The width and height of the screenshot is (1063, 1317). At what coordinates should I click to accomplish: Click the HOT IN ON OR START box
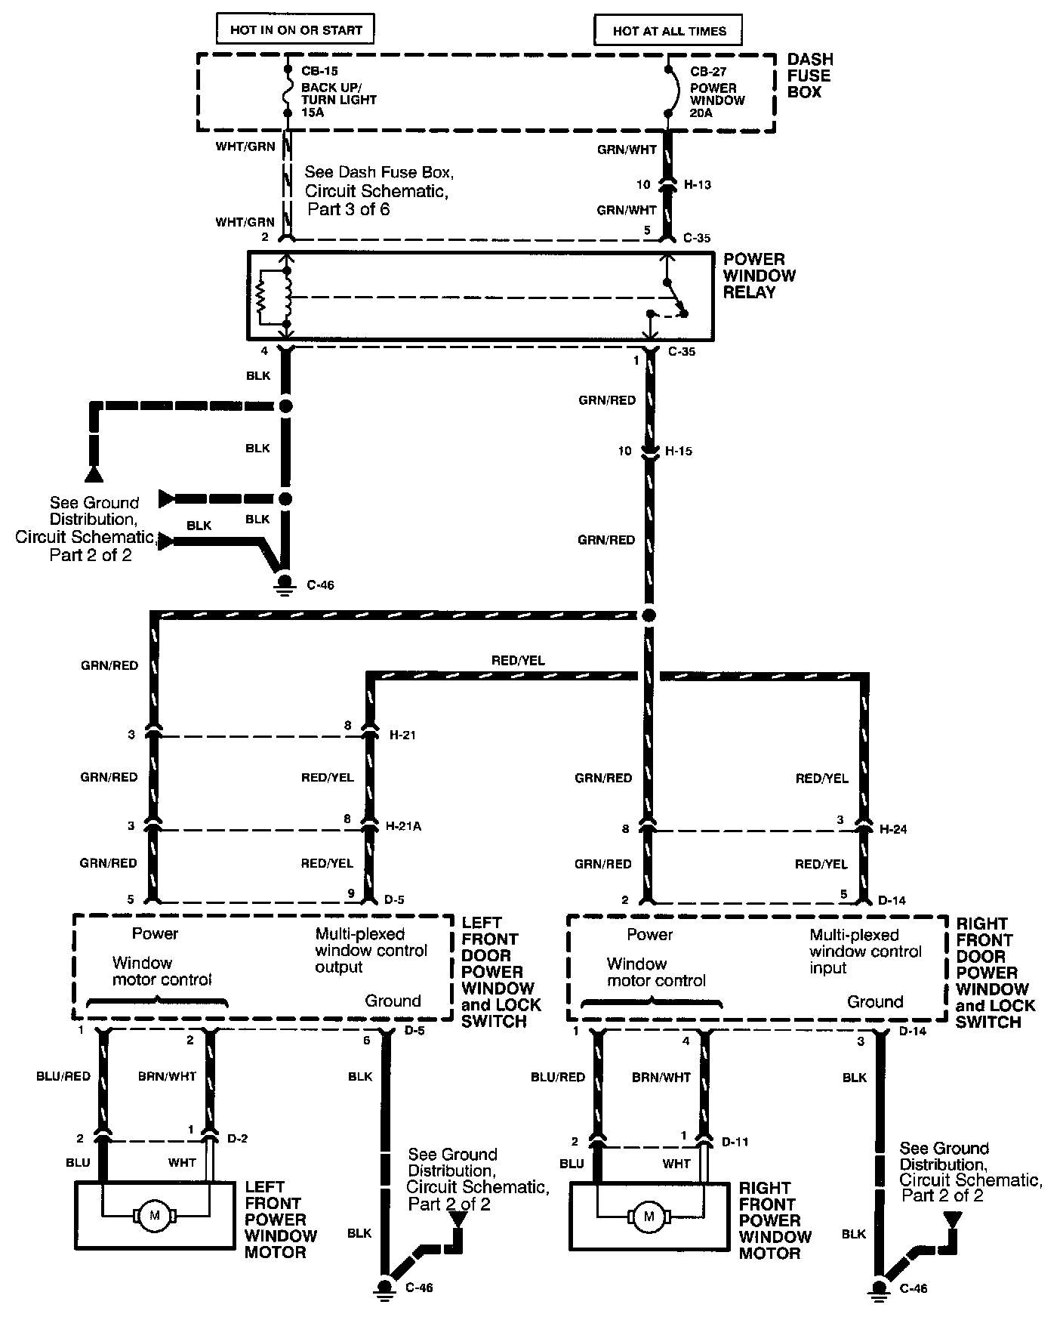pyautogui.click(x=296, y=30)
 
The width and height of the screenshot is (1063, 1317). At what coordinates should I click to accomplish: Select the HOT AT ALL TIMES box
pyautogui.click(x=669, y=31)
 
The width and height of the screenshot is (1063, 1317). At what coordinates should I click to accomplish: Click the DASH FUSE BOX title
pyautogui.click(x=809, y=76)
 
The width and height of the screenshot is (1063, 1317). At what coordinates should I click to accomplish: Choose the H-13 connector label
pyautogui.click(x=698, y=184)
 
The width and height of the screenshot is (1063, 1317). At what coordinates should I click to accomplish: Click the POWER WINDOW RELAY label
pyautogui.click(x=760, y=276)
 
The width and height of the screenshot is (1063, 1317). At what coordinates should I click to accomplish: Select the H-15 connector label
pyautogui.click(x=678, y=451)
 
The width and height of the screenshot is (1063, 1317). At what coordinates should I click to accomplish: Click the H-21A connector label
pyautogui.click(x=404, y=826)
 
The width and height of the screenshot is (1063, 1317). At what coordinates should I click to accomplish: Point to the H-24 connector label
pyautogui.click(x=893, y=828)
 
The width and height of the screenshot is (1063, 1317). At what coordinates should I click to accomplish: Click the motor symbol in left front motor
pyautogui.click(x=155, y=1216)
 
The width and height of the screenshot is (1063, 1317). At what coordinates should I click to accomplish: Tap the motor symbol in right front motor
pyautogui.click(x=649, y=1217)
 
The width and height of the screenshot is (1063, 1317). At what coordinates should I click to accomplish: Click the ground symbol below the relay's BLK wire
pyautogui.click(x=285, y=584)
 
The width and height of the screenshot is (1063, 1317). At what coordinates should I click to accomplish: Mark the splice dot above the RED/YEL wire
pyautogui.click(x=649, y=615)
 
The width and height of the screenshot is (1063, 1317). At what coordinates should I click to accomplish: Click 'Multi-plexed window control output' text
pyautogui.click(x=371, y=950)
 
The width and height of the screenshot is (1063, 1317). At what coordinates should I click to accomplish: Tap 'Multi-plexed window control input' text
pyautogui.click(x=865, y=952)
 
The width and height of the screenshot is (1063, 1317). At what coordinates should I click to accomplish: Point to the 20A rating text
pyautogui.click(x=701, y=113)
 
